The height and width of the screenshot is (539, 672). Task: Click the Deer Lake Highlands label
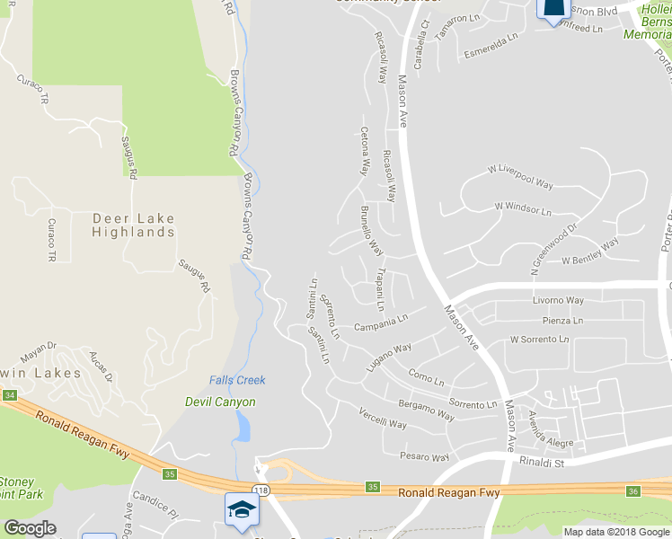click(133, 225)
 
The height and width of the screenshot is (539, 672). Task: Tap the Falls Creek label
click(237, 380)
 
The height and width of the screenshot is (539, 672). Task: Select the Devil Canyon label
click(220, 402)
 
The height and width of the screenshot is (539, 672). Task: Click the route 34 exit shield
click(10, 394)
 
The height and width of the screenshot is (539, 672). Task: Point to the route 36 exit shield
click(632, 490)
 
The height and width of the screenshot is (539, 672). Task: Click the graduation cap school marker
click(241, 509)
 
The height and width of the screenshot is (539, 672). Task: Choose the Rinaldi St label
click(540, 463)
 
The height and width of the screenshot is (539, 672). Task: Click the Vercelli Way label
click(383, 419)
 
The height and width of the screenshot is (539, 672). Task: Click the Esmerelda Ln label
click(491, 47)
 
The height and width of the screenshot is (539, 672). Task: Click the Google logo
click(30, 527)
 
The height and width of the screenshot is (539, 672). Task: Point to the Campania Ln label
click(381, 323)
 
